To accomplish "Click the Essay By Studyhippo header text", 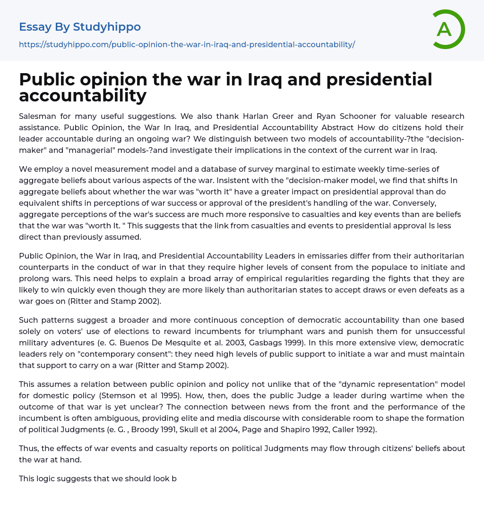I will [80, 27].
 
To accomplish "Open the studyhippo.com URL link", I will [187, 44].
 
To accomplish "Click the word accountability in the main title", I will [83, 96].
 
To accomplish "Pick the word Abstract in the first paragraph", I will [337, 127].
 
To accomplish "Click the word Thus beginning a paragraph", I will [28, 448].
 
